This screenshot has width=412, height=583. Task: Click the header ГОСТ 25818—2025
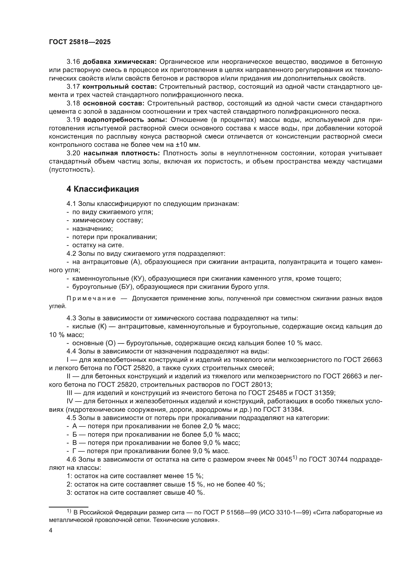point(80,42)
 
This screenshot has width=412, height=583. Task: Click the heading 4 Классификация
point(103,189)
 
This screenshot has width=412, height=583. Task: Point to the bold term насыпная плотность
point(122,153)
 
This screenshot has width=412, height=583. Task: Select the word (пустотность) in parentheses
point(72,170)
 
